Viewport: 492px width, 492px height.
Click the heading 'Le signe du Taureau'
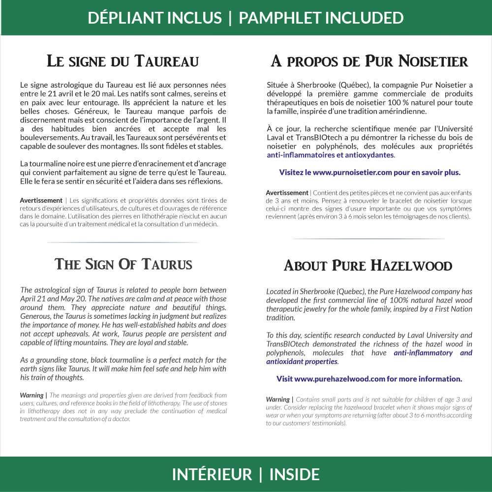(123, 61)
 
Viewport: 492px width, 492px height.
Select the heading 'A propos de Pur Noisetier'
(369, 61)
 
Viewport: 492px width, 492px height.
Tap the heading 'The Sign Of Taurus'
(123, 264)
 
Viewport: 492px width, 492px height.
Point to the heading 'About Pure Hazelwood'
(368, 266)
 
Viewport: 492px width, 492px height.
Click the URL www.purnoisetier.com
(353, 173)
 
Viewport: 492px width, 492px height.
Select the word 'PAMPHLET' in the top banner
(282, 18)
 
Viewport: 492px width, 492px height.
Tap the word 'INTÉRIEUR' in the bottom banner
(212, 474)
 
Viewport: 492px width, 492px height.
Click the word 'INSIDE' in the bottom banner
(295, 474)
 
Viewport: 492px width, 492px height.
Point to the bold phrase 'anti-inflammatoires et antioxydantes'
(330, 155)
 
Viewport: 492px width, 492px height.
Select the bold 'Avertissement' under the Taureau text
(41, 200)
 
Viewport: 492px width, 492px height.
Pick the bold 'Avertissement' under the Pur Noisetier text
(287, 192)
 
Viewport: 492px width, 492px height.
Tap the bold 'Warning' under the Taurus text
(32, 395)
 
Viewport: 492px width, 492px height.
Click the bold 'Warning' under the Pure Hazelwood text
(278, 400)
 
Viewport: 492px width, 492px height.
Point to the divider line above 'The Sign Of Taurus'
(123, 243)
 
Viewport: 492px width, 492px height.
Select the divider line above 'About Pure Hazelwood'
(369, 239)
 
